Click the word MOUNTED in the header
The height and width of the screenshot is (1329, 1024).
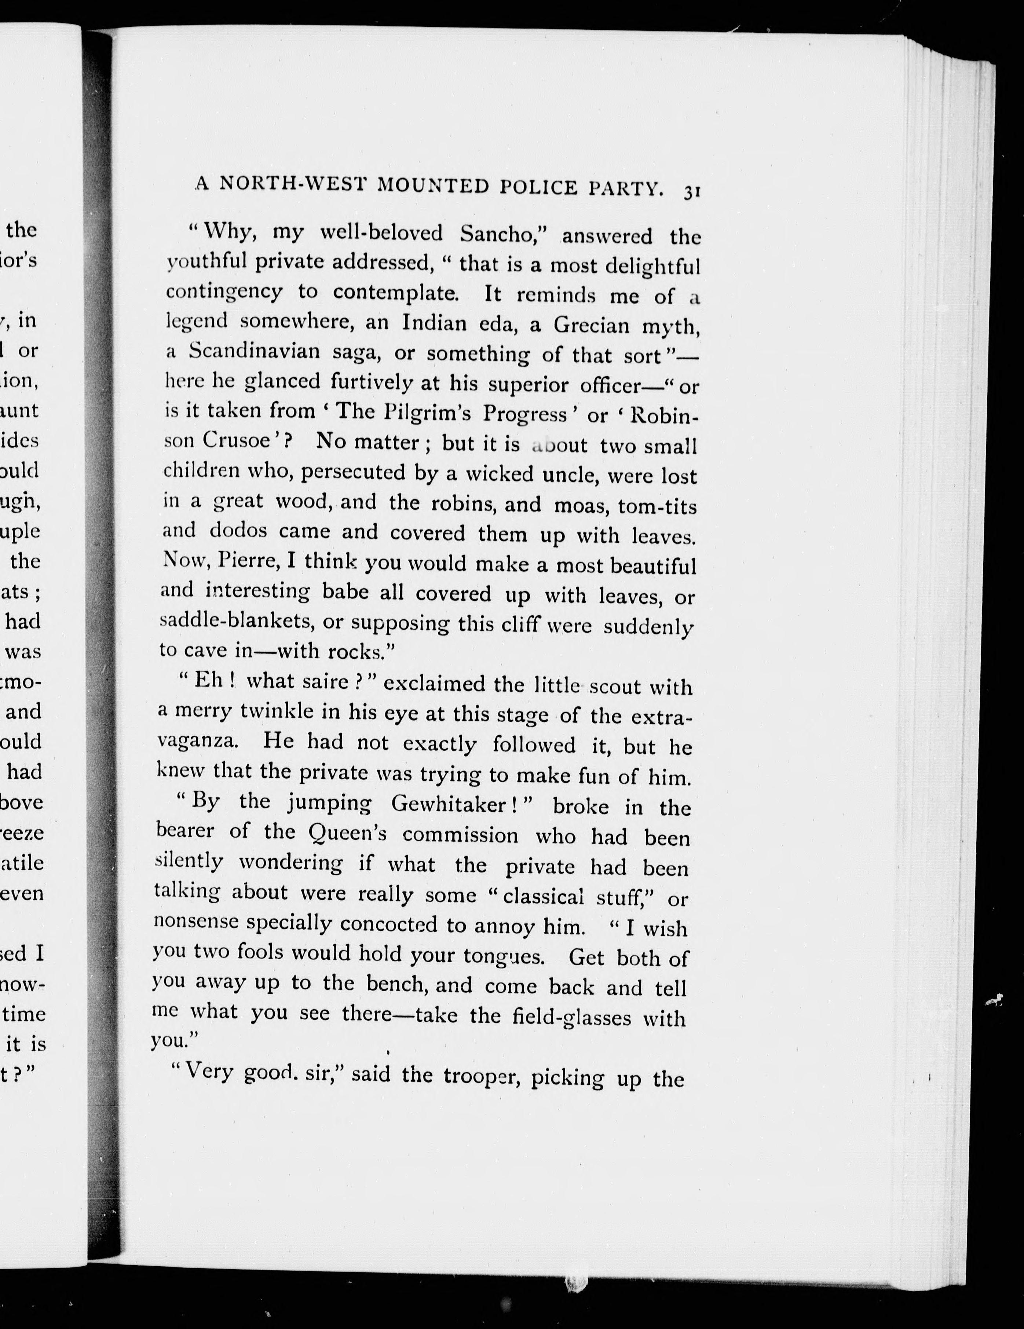433,185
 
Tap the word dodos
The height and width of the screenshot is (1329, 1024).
238,531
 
